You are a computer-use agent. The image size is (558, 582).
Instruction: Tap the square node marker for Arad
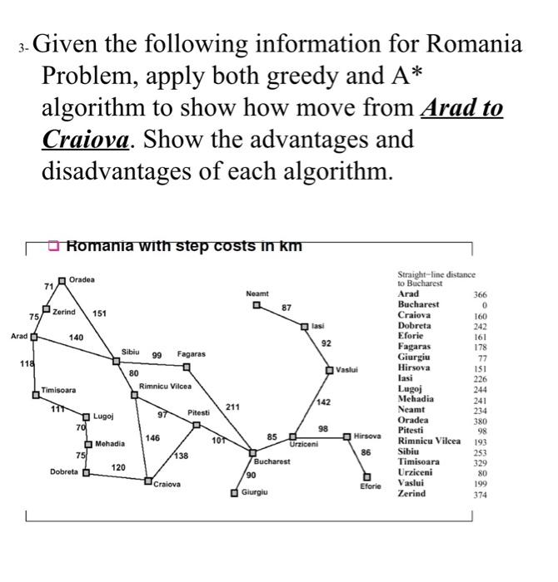pyautogui.click(x=34, y=338)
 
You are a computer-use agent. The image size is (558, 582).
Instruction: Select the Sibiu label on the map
pyautogui.click(x=131, y=353)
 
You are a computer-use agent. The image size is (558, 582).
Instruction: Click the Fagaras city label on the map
pyautogui.click(x=191, y=355)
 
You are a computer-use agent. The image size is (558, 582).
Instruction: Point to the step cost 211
pyautogui.click(x=233, y=407)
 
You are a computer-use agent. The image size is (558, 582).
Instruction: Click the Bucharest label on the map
pyautogui.click(x=272, y=460)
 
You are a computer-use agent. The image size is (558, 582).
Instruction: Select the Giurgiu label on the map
pyautogui.click(x=256, y=493)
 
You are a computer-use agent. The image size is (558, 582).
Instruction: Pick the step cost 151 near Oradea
pyautogui.click(x=100, y=313)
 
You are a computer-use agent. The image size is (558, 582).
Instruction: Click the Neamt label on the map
pyautogui.click(x=257, y=293)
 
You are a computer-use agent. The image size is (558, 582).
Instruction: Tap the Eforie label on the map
pyautogui.click(x=371, y=486)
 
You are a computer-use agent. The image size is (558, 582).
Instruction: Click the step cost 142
pyautogui.click(x=324, y=402)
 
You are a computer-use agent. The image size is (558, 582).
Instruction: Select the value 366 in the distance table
pyautogui.click(x=478, y=294)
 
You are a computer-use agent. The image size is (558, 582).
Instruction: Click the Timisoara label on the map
pyautogui.click(x=59, y=390)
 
